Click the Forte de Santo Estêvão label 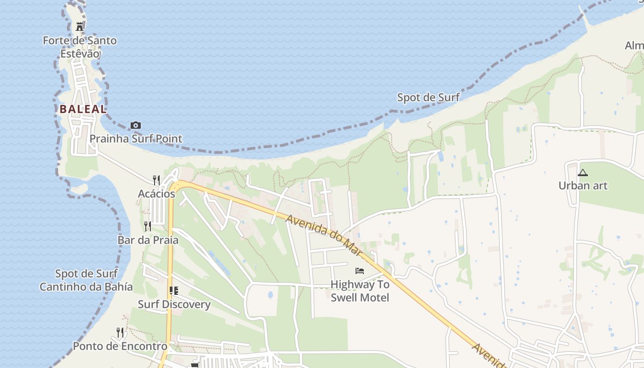80,47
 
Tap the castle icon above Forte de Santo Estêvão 80,26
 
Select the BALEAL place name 83,109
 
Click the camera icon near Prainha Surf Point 135,125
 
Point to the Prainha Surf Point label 136,138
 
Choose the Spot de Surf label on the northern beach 428,98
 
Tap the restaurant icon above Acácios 156,180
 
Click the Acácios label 156,194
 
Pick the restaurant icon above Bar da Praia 148,226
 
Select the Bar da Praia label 148,240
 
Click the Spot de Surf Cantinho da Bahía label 86,280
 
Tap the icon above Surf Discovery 174,290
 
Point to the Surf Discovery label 174,305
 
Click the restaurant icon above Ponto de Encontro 120,332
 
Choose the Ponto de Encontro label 120,346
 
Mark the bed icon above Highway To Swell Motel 360,271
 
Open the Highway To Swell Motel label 360,291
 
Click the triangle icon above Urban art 583,173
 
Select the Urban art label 583,186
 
